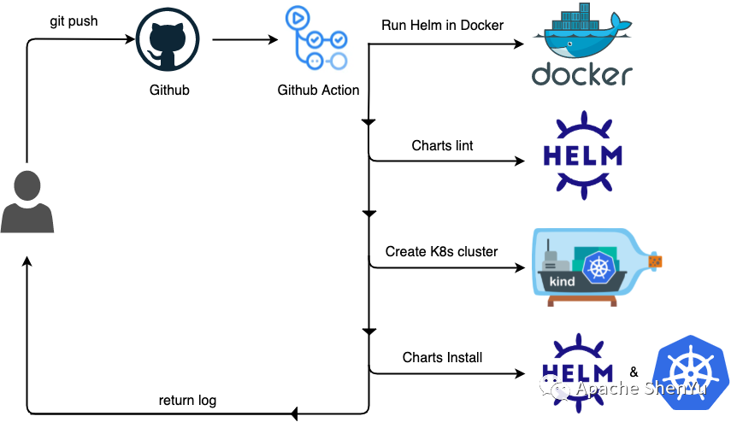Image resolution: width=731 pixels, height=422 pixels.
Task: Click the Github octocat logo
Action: [169, 40]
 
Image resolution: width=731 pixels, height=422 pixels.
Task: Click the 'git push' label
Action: [74, 21]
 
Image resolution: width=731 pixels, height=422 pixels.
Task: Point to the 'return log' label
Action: [187, 400]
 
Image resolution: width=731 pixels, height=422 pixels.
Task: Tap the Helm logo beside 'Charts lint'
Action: [583, 155]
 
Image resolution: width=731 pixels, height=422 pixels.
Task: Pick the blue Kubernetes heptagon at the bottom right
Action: [690, 374]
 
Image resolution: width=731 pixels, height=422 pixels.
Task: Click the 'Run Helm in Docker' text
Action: [442, 25]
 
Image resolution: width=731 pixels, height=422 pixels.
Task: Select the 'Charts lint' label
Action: [442, 145]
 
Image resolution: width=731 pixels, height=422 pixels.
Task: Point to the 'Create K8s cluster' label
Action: [441, 251]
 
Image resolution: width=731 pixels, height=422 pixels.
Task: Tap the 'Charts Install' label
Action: [442, 357]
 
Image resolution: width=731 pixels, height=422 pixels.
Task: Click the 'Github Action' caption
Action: [318, 90]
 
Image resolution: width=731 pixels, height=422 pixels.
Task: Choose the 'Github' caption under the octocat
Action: [169, 90]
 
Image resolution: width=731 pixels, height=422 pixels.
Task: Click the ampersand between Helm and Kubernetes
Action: [634, 372]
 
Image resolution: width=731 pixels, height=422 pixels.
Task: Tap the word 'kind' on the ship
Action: [562, 281]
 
